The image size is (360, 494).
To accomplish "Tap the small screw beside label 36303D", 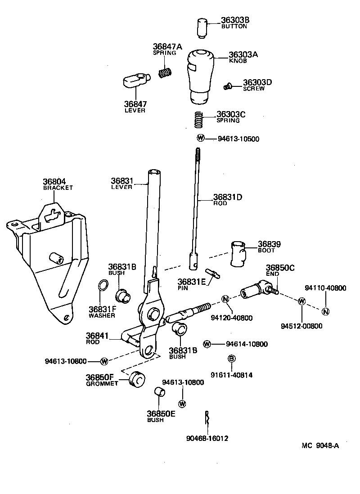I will point(229,85).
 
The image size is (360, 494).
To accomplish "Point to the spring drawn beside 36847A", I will point(166,72).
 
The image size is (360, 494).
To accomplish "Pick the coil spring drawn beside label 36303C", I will point(199,120).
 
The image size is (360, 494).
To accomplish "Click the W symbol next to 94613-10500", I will point(200,138).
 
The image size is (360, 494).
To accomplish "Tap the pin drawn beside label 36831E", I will point(211,274).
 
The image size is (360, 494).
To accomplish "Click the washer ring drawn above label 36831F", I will point(103,285).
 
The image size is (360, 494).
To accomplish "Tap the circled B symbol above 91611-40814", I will point(232,359).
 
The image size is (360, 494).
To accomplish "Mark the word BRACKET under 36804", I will point(58,188).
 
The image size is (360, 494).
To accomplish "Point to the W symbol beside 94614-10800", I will point(207,344).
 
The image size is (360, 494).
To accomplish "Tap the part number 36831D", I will point(228,197).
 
